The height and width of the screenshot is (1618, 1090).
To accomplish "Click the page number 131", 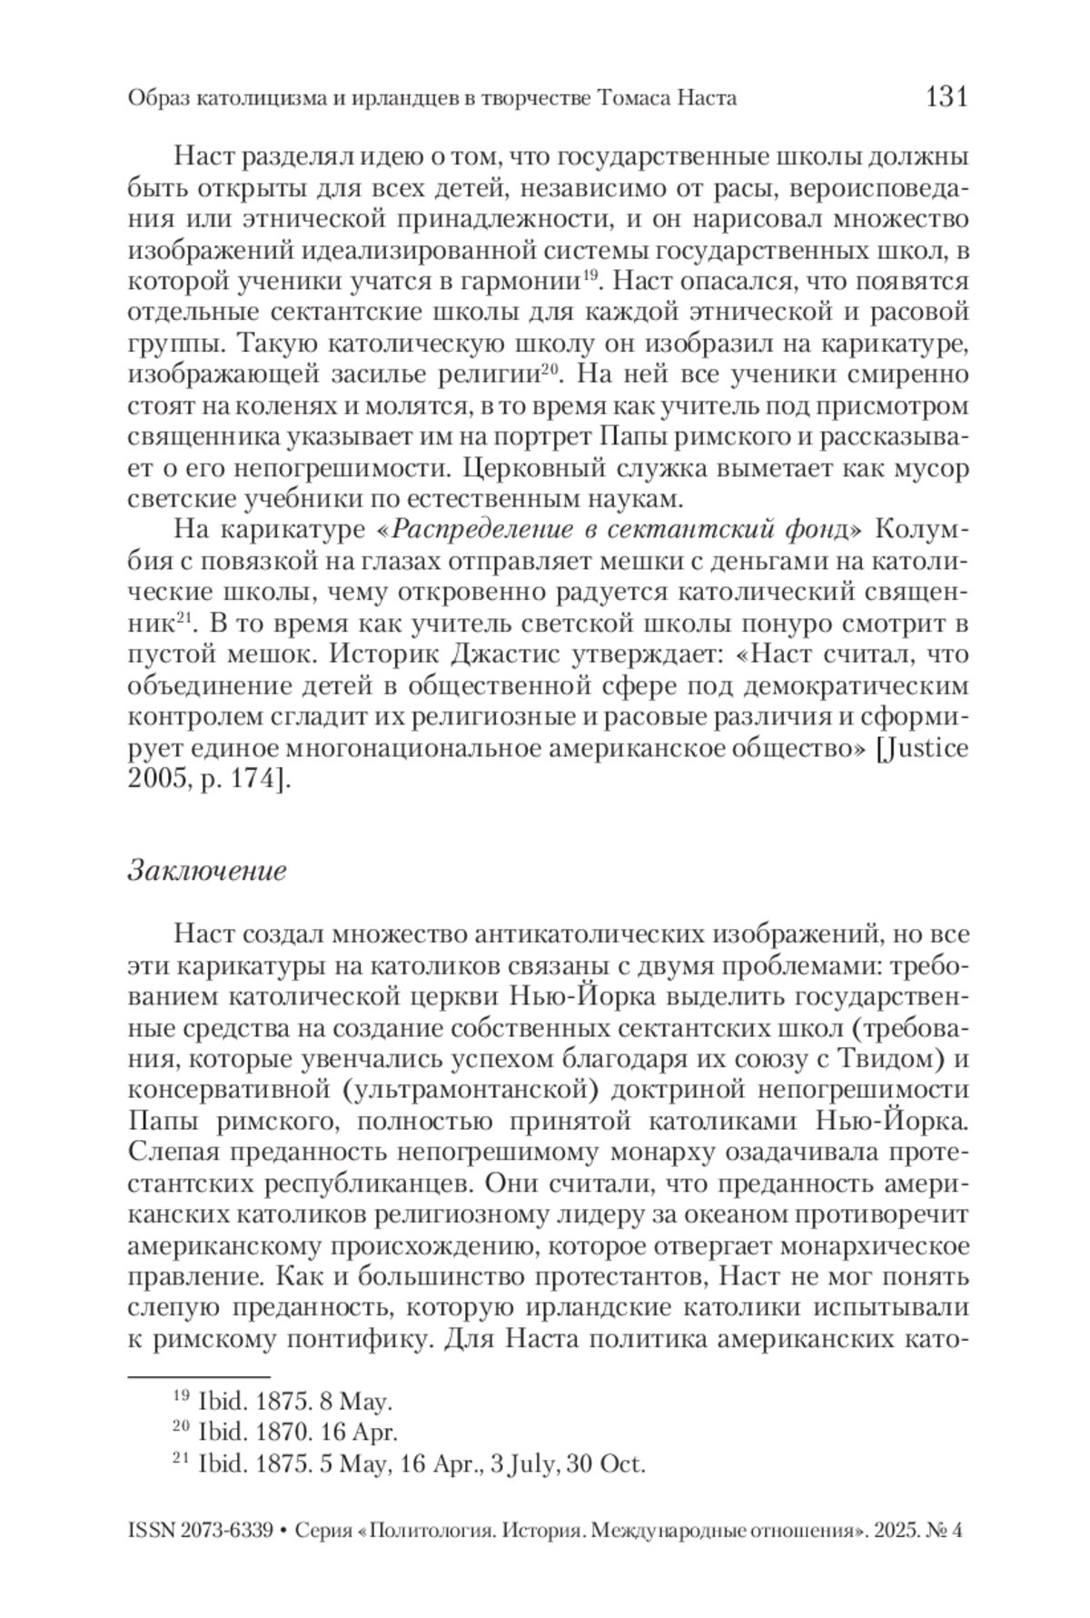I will pyautogui.click(x=946, y=96).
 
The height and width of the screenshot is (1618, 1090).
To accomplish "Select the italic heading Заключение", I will pyautogui.click(x=207, y=870).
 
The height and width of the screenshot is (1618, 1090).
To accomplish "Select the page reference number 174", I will pyautogui.click(x=251, y=779).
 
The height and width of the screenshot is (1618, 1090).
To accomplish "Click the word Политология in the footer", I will pyautogui.click(x=431, y=1530).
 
